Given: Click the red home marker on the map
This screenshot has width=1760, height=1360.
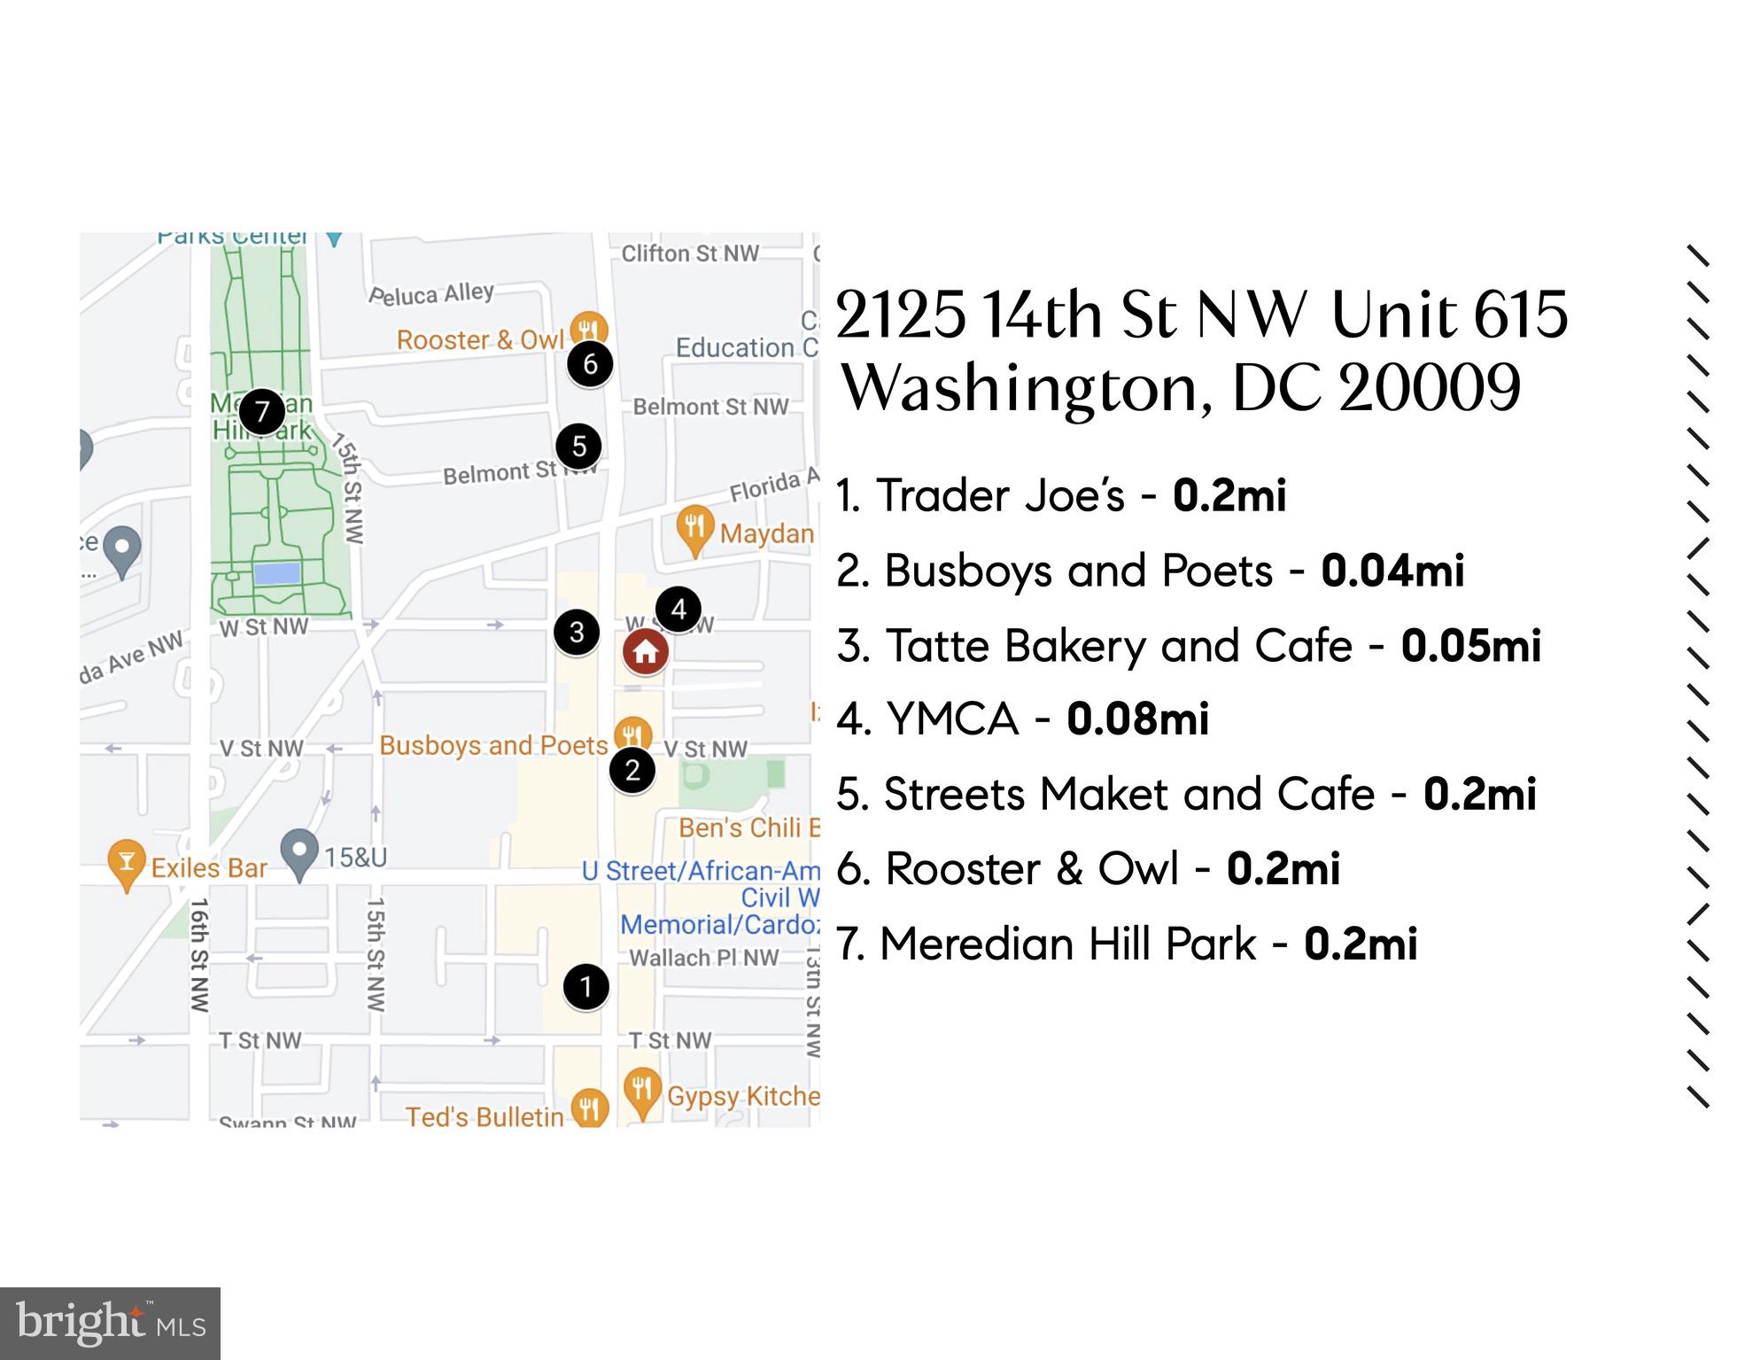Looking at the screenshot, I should click(645, 652).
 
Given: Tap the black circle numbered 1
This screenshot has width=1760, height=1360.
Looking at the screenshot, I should click(585, 986).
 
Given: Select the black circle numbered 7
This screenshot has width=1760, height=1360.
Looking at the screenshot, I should click(261, 411).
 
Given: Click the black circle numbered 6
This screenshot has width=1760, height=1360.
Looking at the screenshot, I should click(590, 363).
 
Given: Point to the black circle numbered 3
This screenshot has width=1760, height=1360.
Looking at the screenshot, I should click(577, 632).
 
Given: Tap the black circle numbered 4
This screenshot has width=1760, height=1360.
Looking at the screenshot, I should click(678, 609).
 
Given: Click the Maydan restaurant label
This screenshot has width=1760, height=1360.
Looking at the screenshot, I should click(766, 533).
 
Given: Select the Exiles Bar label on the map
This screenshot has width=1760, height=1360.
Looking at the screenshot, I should click(209, 867).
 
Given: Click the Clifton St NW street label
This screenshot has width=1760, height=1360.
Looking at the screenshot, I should click(690, 253).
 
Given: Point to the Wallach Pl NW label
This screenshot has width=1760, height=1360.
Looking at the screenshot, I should click(703, 958).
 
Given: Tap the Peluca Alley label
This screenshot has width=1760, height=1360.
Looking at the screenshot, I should click(431, 293).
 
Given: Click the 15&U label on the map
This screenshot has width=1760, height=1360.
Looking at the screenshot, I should click(355, 858).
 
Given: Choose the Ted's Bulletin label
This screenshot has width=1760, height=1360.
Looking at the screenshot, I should click(485, 1116).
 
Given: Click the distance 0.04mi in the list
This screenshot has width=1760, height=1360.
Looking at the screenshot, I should click(1392, 571).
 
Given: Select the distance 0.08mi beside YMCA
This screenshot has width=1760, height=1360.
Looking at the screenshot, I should click(1137, 719).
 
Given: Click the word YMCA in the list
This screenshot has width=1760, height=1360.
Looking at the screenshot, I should click(953, 719).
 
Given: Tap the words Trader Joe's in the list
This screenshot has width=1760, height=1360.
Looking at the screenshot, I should click(1000, 495).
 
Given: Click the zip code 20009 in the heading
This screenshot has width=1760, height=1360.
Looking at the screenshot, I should click(1429, 388).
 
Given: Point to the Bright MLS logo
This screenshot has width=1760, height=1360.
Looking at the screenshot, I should click(110, 1324).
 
